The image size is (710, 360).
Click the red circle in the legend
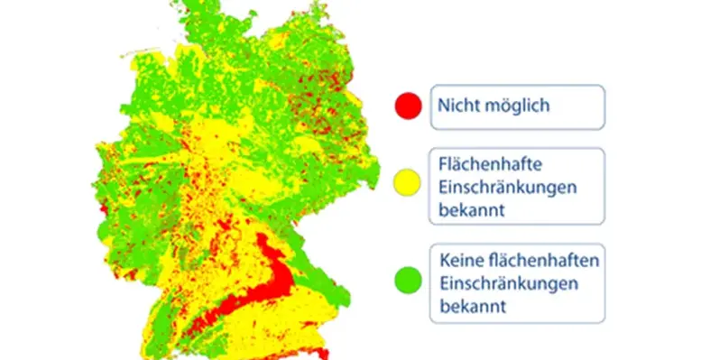point(408,106)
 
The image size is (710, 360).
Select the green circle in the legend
point(408,282)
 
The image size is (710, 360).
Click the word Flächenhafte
point(485,165)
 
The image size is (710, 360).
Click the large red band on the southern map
point(271,285)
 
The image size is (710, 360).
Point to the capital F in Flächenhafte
point(442,165)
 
